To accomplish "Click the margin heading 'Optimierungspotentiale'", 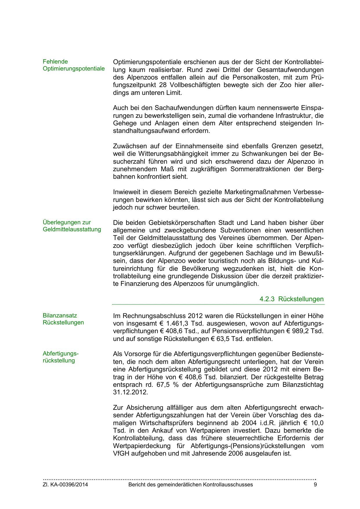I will point(74,69).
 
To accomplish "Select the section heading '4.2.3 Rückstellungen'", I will point(291,299).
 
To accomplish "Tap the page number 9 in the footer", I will point(315,485).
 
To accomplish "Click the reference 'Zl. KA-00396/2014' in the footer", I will point(65,485).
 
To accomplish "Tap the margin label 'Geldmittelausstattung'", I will point(72,230).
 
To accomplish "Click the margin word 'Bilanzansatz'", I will point(60,316).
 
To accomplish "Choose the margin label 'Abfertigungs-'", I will point(61,354).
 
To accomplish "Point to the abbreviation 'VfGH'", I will point(121,453).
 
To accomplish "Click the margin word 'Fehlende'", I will point(55,62).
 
